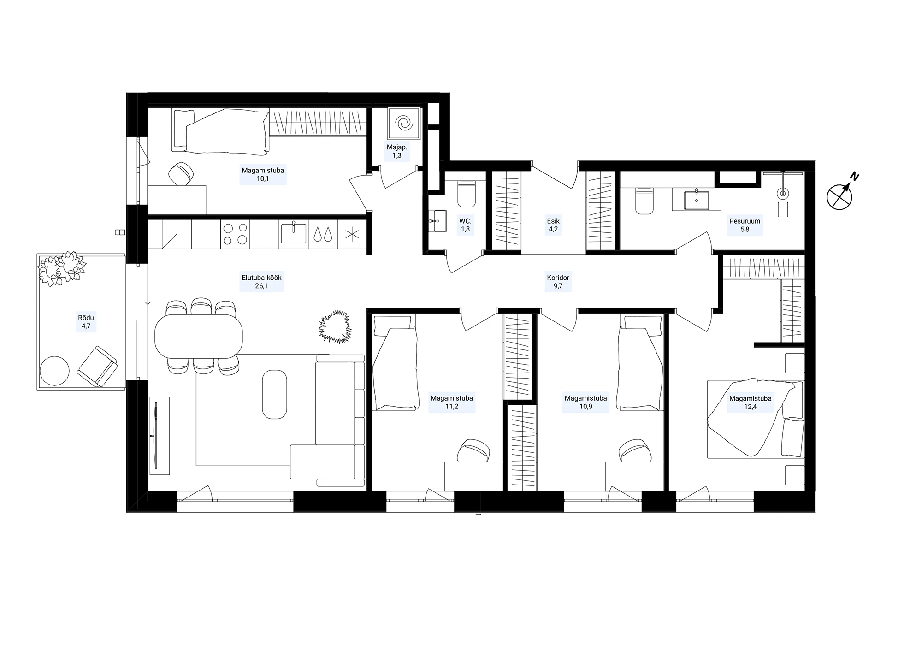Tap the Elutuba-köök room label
tap(261, 278)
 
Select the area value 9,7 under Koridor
tap(558, 286)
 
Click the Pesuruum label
tap(745, 221)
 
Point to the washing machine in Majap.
tap(404, 123)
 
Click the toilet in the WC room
tap(466, 195)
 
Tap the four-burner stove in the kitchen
tap(235, 234)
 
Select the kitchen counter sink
tap(293, 234)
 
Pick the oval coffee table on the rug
tap(274, 394)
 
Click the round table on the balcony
tap(55, 371)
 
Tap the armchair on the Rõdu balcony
tap(97, 366)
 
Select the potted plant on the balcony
tap(62, 269)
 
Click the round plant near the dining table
tap(335, 326)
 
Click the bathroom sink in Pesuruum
tap(696, 200)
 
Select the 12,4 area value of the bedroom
tap(750, 407)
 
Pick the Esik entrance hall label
tap(553, 221)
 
